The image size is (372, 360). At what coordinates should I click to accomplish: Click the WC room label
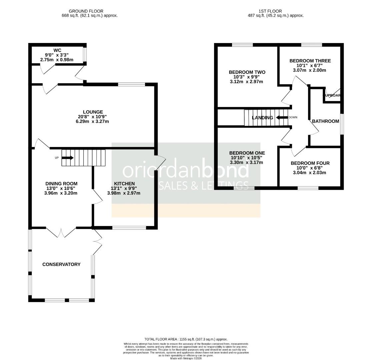[x=59, y=50]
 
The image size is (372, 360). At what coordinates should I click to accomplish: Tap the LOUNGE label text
[x=93, y=112]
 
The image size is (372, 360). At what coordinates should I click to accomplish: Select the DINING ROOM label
[x=61, y=184]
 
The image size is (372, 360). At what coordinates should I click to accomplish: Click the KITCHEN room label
[x=124, y=184]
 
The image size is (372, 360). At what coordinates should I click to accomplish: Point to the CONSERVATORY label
[x=61, y=264]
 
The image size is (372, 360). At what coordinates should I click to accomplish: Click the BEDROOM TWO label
[x=247, y=72]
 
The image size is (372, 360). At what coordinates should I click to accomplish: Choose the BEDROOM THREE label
[x=310, y=61]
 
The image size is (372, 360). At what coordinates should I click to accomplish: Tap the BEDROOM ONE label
[x=247, y=153]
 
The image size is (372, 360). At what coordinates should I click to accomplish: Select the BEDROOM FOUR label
[x=310, y=163]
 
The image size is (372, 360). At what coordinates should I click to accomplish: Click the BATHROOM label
[x=325, y=121]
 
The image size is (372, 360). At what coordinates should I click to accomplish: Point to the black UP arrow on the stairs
[x=68, y=158]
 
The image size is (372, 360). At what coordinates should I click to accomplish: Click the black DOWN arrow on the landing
[x=282, y=117]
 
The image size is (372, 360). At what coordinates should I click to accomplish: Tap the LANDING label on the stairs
[x=262, y=118]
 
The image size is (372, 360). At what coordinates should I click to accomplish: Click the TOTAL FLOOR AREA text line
[x=186, y=339]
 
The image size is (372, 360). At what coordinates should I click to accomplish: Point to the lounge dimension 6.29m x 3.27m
[x=93, y=122]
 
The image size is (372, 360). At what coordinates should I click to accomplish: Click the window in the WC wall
[x=85, y=55]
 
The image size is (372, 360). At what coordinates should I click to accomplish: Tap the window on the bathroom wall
[x=342, y=124]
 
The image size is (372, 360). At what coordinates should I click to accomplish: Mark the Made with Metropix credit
[x=186, y=358]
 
